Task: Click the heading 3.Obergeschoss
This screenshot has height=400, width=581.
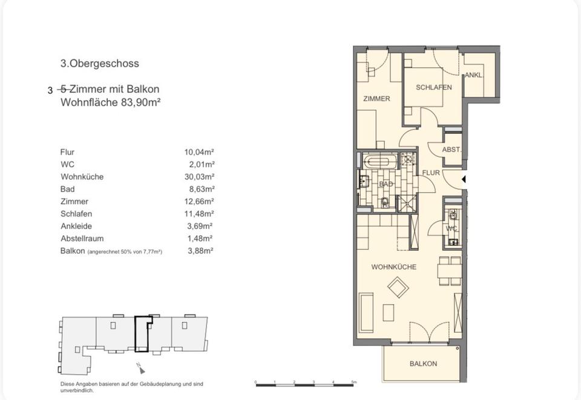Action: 100,64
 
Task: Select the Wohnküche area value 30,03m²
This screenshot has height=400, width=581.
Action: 199,176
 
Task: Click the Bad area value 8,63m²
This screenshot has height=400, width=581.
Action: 202,189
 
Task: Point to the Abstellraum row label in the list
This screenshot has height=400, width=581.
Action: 82,239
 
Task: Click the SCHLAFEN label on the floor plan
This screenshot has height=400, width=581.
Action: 433,87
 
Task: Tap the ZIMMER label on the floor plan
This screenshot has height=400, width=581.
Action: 376,99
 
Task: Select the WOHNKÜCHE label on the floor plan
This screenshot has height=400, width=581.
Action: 393,267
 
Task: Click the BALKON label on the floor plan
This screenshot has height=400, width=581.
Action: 423,364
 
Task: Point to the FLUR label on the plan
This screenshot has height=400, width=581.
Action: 431,173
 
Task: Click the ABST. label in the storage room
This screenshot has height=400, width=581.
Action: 451,150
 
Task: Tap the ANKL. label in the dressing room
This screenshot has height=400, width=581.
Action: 474,75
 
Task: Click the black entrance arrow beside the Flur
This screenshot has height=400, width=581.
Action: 463,179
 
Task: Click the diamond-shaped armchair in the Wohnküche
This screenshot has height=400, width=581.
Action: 398,287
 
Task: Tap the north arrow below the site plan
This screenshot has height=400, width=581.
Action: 141,368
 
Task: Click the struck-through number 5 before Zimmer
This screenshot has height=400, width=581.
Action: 64,89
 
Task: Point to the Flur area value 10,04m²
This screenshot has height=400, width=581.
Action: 199,152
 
